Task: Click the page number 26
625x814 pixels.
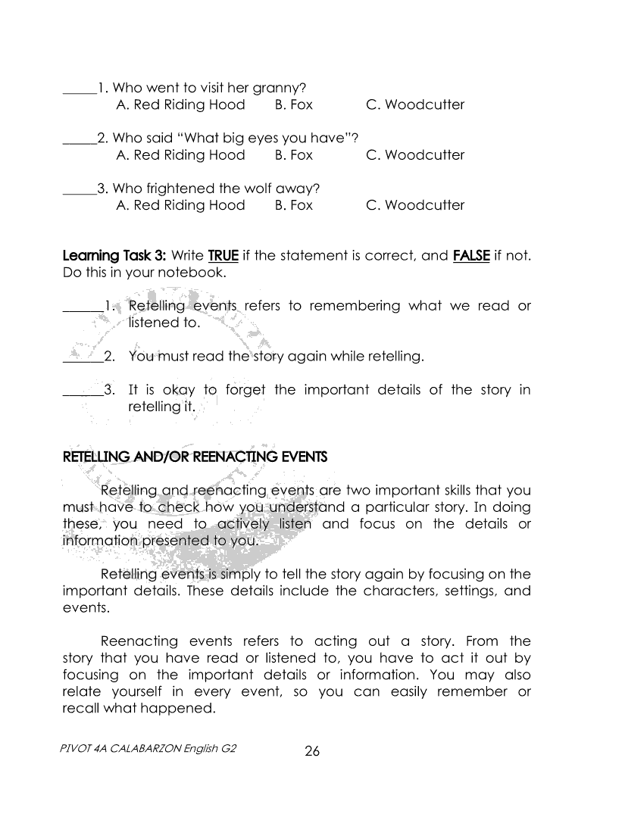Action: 312,751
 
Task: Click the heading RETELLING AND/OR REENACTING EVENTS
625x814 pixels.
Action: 195,457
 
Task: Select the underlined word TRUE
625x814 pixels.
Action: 223,255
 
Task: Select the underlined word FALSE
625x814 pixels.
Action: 470,255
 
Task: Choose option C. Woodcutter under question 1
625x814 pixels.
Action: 414,104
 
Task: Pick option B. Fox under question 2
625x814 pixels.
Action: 293,155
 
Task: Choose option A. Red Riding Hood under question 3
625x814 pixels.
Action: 180,205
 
